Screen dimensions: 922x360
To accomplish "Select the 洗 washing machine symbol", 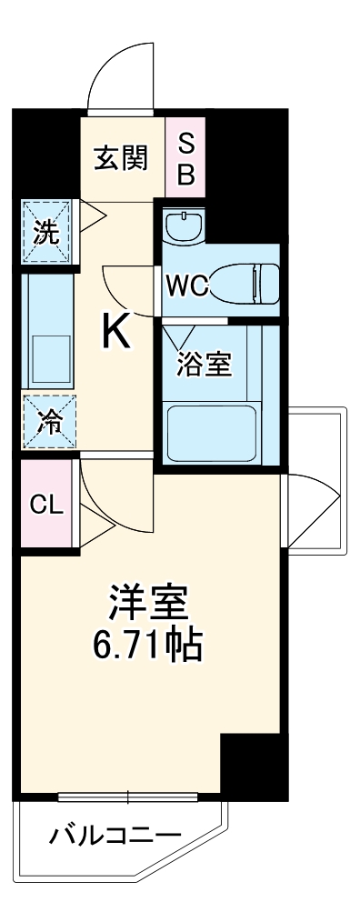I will pyautogui.click(x=46, y=233).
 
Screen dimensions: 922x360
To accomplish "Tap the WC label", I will pyautogui.click(x=187, y=286).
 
